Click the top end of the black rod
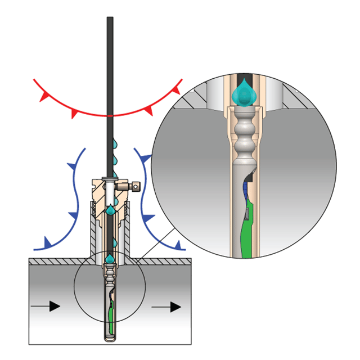(110, 19)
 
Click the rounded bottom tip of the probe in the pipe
(110, 337)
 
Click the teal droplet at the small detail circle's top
(110, 258)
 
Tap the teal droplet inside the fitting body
(111, 209)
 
